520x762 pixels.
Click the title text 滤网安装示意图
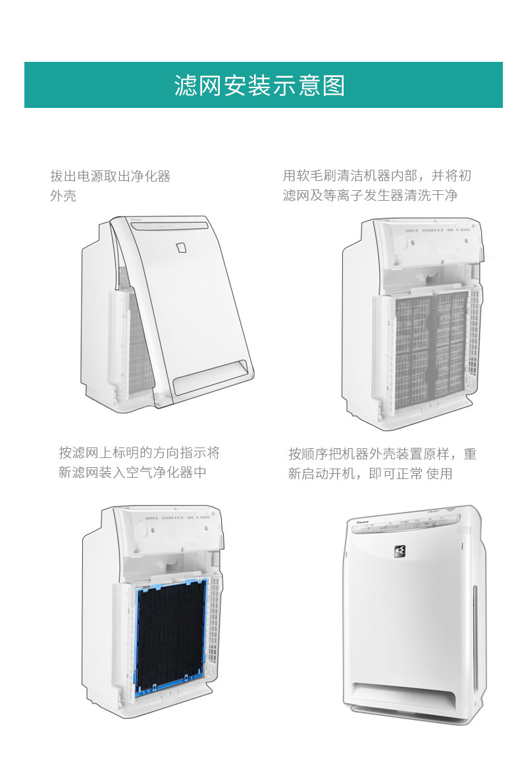pos(259,86)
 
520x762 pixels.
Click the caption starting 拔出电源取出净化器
pos(110,176)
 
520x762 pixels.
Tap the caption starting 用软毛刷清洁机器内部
pos(377,176)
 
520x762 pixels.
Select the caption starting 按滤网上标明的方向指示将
pos(139,453)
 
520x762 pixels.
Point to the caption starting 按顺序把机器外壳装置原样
pos(382,454)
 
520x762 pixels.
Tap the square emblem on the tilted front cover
pos(182,247)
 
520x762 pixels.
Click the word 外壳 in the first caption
pos(63,196)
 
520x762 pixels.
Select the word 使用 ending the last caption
pos(439,474)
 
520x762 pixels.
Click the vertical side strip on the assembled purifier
pos(475,632)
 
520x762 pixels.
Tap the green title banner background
pos(79,86)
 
